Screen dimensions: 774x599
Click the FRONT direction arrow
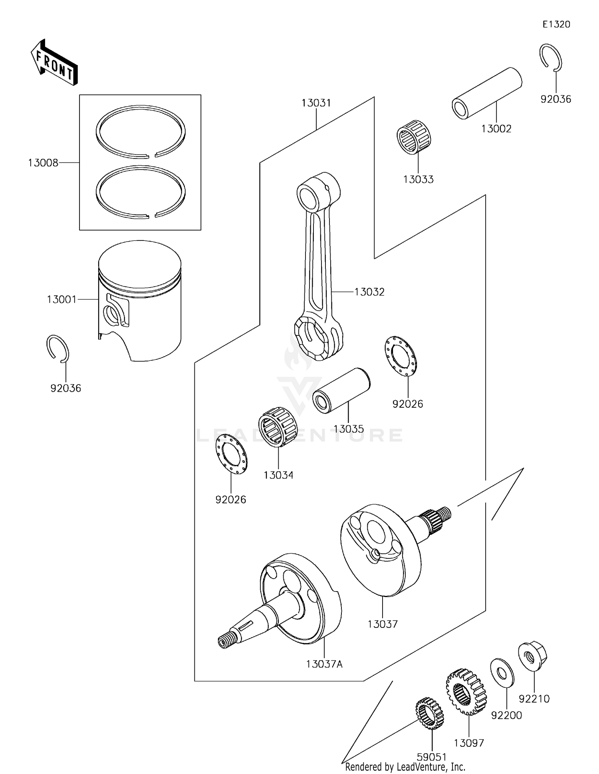click(x=54, y=62)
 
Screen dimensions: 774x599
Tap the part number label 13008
click(x=43, y=163)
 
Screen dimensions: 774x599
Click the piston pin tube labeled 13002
click(x=487, y=93)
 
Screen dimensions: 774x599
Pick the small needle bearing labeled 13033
click(x=414, y=137)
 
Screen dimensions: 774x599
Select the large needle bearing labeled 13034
click(x=278, y=427)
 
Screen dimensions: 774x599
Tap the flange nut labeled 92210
click(x=532, y=655)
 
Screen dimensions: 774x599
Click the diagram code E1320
click(x=556, y=24)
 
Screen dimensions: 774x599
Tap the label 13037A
click(x=324, y=664)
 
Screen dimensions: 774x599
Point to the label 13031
click(x=316, y=103)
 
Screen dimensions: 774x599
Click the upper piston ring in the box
click(x=141, y=131)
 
